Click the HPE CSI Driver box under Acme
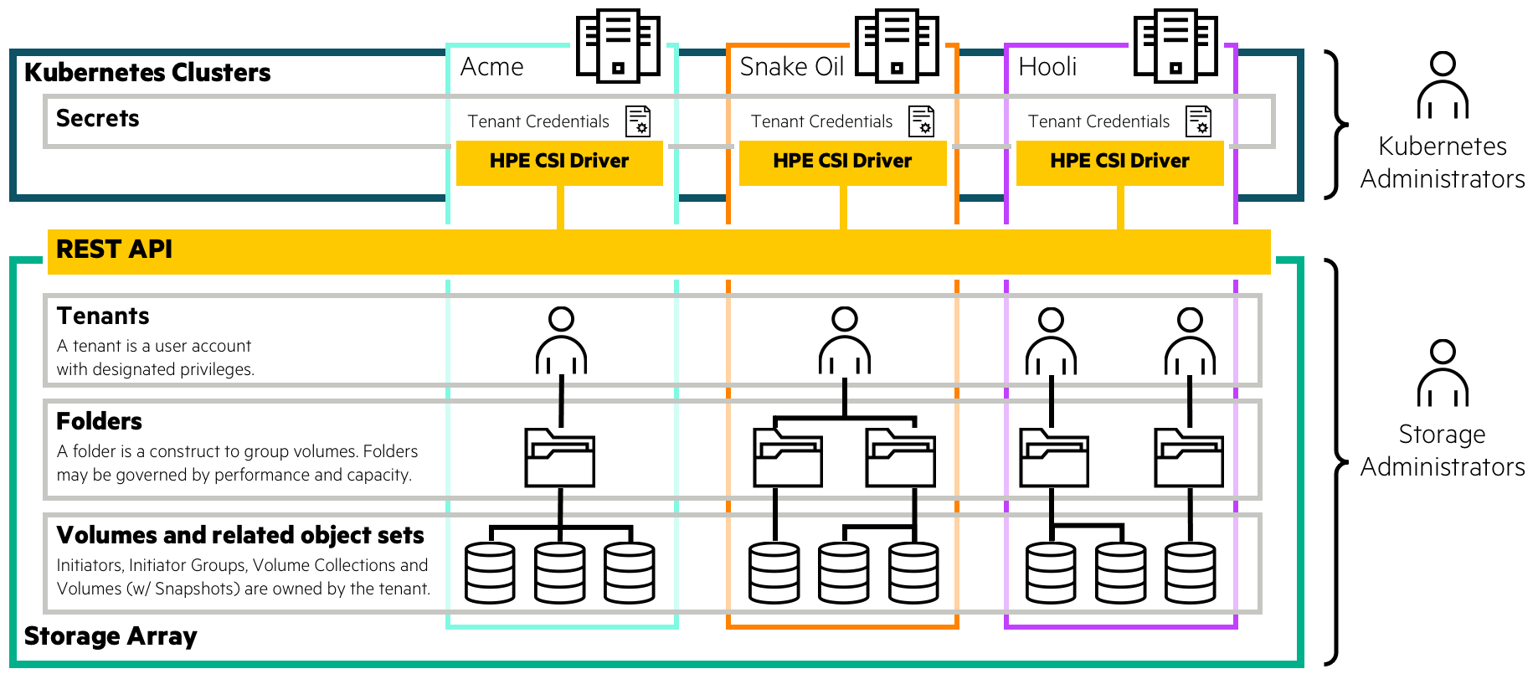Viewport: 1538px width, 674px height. click(x=559, y=162)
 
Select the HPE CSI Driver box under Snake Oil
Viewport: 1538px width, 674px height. click(x=842, y=162)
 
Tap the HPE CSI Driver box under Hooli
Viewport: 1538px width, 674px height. click(x=1119, y=162)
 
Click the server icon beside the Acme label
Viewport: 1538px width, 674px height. click(x=618, y=46)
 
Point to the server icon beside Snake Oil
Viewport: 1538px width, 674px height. click(x=897, y=46)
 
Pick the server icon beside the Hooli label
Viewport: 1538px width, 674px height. click(x=1175, y=46)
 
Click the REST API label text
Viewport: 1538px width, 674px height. click(x=114, y=250)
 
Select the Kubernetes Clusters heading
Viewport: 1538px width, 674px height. click(x=147, y=73)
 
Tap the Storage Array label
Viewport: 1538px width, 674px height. click(x=111, y=636)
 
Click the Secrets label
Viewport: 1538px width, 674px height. click(x=97, y=119)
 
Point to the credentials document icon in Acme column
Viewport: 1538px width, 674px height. click(x=638, y=121)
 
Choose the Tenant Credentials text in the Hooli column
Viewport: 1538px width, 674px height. click(x=1098, y=122)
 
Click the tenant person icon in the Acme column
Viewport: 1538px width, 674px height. click(x=561, y=341)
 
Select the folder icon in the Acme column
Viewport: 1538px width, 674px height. click(x=559, y=458)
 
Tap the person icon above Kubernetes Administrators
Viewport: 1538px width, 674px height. click(x=1443, y=85)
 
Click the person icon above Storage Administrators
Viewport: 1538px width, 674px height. click(x=1443, y=373)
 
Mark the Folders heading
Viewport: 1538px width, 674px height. click(x=99, y=421)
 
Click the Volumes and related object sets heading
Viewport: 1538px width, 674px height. click(x=240, y=535)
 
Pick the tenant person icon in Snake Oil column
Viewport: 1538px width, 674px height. click(x=844, y=341)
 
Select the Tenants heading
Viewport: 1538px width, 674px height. click(x=103, y=316)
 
